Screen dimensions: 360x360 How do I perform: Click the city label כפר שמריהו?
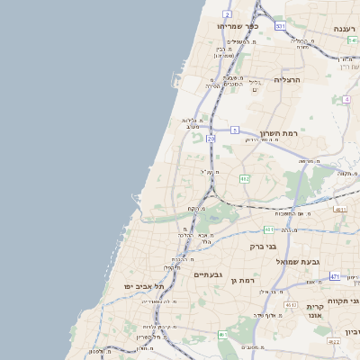tap(238, 26)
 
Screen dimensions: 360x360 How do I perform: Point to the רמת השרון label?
tap(278, 133)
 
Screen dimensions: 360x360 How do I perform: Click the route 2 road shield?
tap(227, 14)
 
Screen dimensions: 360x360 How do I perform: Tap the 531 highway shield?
tap(280, 26)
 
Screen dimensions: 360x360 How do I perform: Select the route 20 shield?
tap(211, 139)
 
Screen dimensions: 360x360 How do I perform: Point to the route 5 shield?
tap(234, 130)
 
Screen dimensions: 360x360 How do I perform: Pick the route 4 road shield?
tap(346, 100)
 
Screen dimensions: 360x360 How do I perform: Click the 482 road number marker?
tap(245, 179)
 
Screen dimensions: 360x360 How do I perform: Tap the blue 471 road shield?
tap(334, 276)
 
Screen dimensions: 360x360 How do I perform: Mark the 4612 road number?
tap(291, 305)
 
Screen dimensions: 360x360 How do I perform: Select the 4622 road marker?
tap(334, 341)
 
